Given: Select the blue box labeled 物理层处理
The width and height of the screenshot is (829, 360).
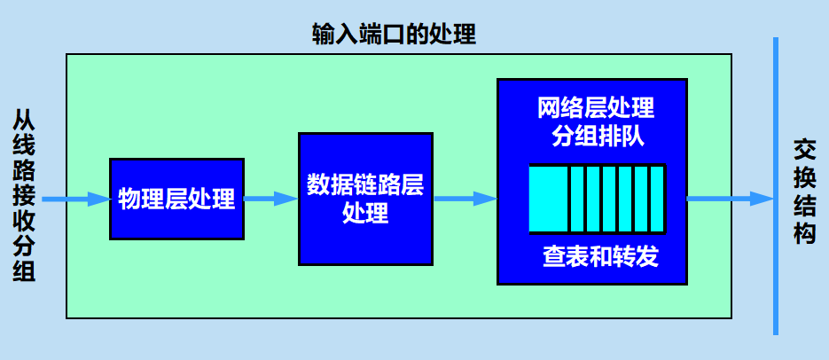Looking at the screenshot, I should click(176, 199).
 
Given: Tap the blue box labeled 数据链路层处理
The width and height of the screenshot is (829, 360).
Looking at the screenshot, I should click(365, 199).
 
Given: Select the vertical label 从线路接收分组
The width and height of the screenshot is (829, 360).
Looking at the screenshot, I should click(23, 197).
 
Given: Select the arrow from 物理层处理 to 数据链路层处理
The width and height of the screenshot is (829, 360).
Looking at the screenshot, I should click(270, 200).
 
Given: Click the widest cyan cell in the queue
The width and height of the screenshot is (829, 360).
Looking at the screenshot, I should click(547, 198).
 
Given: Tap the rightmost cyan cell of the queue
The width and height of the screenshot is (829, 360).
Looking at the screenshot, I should click(657, 198).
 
